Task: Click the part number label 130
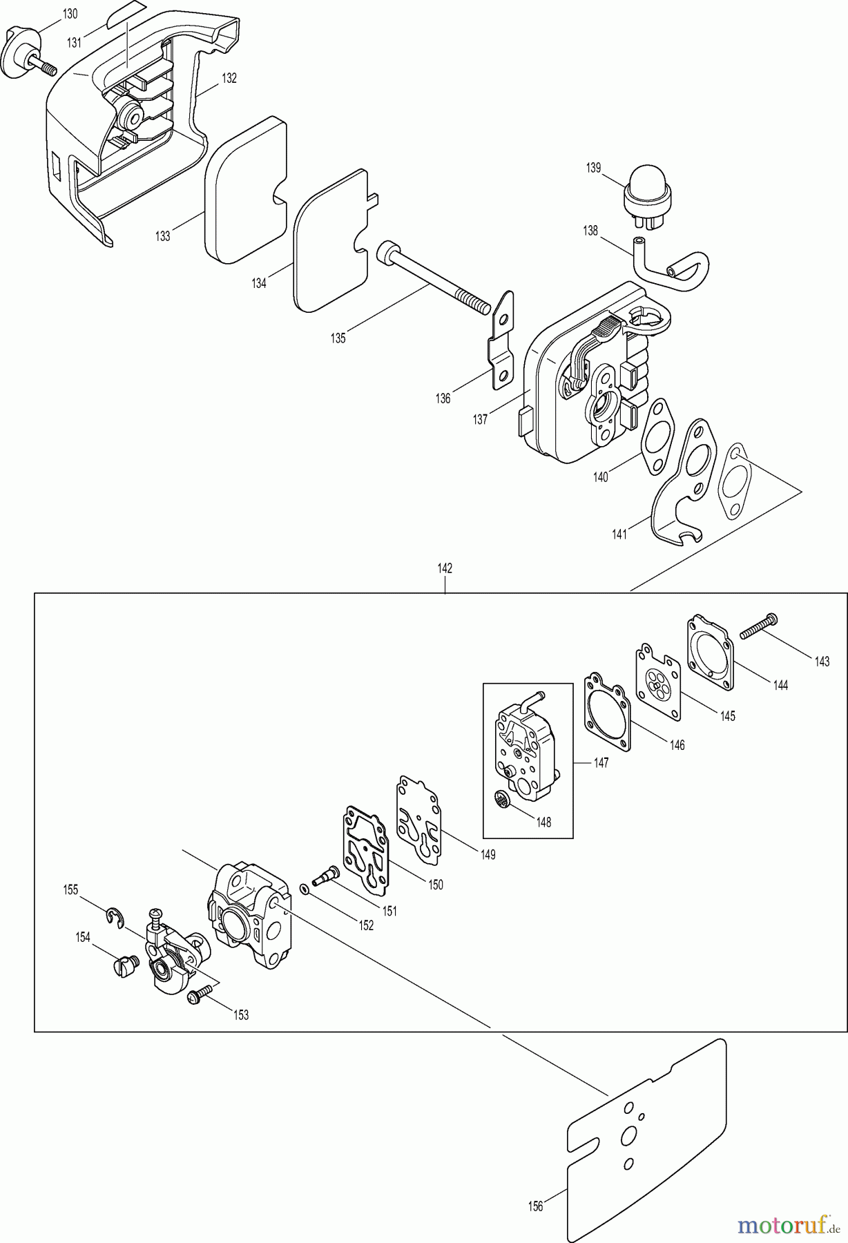pos(70,14)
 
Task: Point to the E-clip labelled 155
pos(118,916)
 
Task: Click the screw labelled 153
pos(195,996)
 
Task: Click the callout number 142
pos(445,568)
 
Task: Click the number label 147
pos(601,763)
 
